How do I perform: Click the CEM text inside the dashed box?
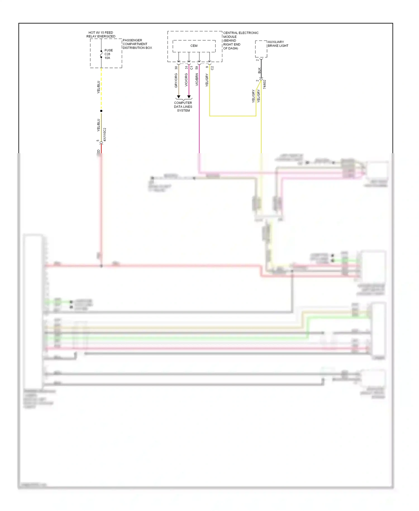coord(194,46)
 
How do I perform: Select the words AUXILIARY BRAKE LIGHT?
coord(278,44)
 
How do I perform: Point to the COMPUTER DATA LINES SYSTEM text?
coord(183,107)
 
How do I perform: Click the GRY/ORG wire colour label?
coord(176,81)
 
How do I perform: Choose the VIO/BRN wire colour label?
coord(197,80)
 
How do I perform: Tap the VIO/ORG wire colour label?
coord(186,80)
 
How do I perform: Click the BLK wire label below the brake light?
coord(259,71)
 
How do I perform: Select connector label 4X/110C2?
coord(105,134)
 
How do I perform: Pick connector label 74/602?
coord(265,84)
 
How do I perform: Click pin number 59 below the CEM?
coord(197,68)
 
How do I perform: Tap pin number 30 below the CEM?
coord(176,68)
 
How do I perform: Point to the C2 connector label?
coord(212,68)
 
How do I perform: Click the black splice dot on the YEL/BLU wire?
coord(101,111)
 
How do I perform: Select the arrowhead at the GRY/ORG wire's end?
coord(178,97)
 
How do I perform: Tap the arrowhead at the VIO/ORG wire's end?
coord(189,97)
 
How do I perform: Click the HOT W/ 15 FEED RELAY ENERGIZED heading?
coord(101,34)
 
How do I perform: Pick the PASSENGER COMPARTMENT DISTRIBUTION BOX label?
coord(137,44)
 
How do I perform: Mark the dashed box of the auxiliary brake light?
coord(261,49)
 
